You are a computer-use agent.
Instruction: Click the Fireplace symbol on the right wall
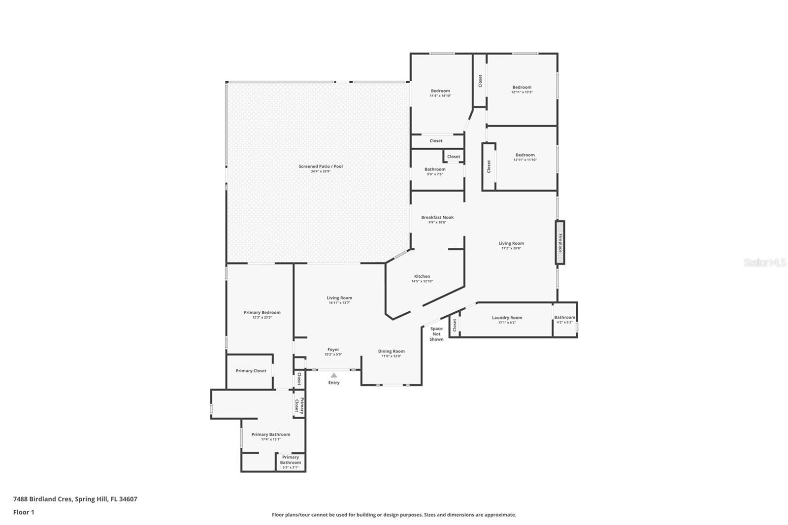click(x=560, y=242)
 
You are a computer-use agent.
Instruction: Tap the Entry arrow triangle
click(x=334, y=375)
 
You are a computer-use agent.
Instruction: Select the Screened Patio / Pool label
click(x=321, y=166)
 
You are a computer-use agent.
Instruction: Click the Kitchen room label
click(x=422, y=276)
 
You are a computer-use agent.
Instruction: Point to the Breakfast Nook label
click(x=437, y=217)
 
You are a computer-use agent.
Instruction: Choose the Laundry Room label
click(x=507, y=318)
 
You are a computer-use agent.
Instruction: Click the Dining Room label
click(x=392, y=351)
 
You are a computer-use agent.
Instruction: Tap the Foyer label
click(x=333, y=350)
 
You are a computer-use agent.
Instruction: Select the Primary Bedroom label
click(x=262, y=312)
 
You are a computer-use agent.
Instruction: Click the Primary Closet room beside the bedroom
click(x=251, y=371)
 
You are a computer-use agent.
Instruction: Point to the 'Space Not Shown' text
click(x=436, y=334)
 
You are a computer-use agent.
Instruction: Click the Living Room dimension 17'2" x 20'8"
click(x=511, y=248)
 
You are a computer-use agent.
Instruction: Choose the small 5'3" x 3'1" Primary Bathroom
click(x=291, y=462)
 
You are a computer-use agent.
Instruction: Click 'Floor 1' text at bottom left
click(x=24, y=512)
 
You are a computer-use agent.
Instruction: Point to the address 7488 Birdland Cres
click(x=75, y=499)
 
